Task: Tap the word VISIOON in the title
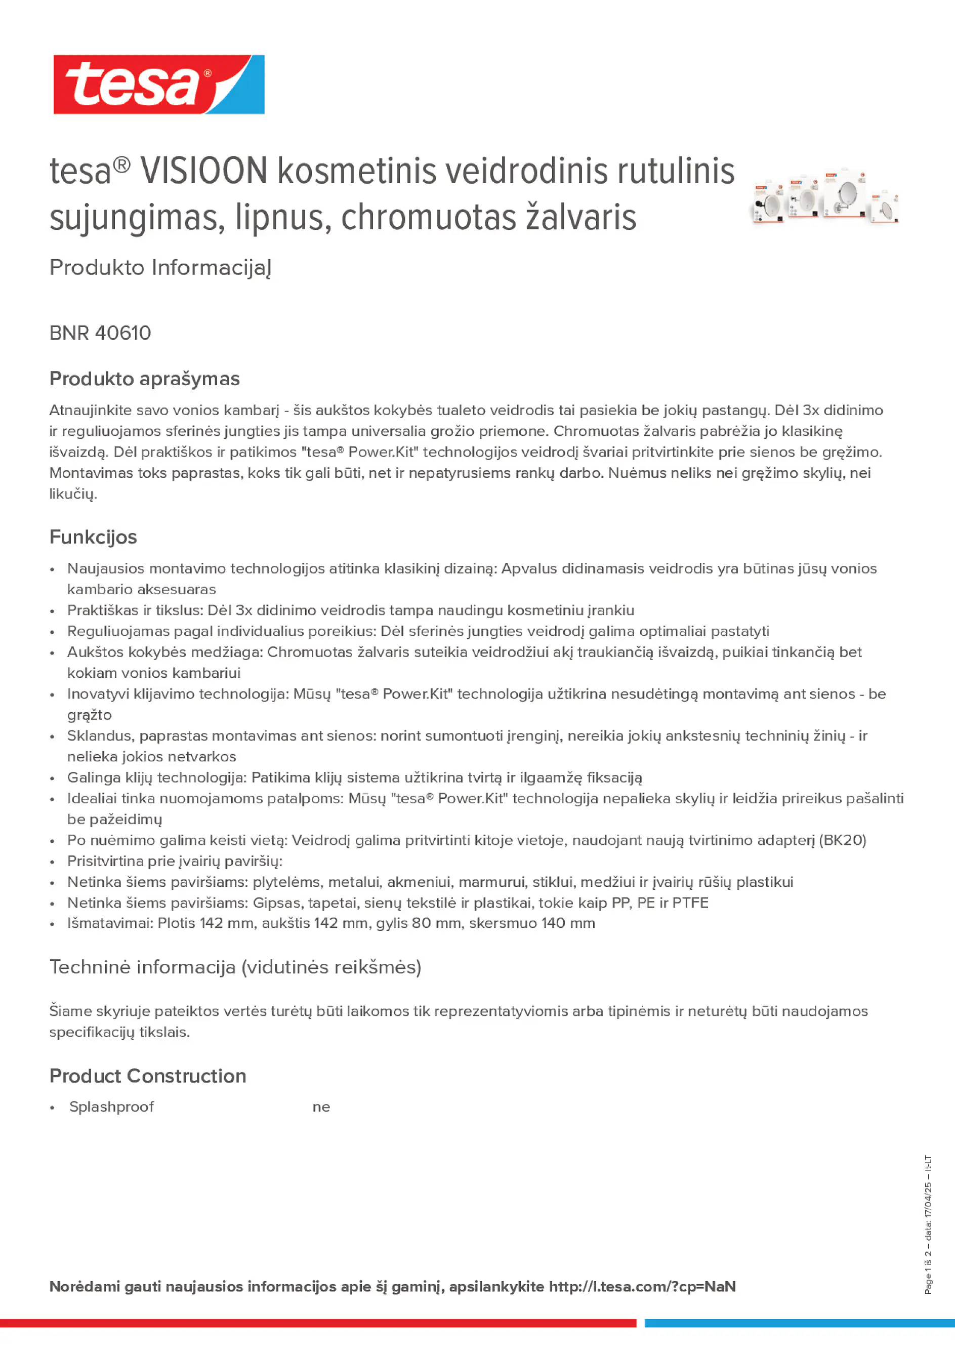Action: tap(204, 172)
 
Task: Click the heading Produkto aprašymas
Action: tap(144, 379)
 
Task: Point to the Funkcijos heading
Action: tap(93, 537)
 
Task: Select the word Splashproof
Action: tap(111, 1107)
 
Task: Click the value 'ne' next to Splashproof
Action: tap(321, 1107)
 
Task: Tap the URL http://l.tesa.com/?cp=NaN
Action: tap(642, 1287)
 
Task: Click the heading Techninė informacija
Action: tap(235, 967)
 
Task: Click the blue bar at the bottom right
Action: tap(799, 1323)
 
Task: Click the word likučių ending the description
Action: tap(72, 494)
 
